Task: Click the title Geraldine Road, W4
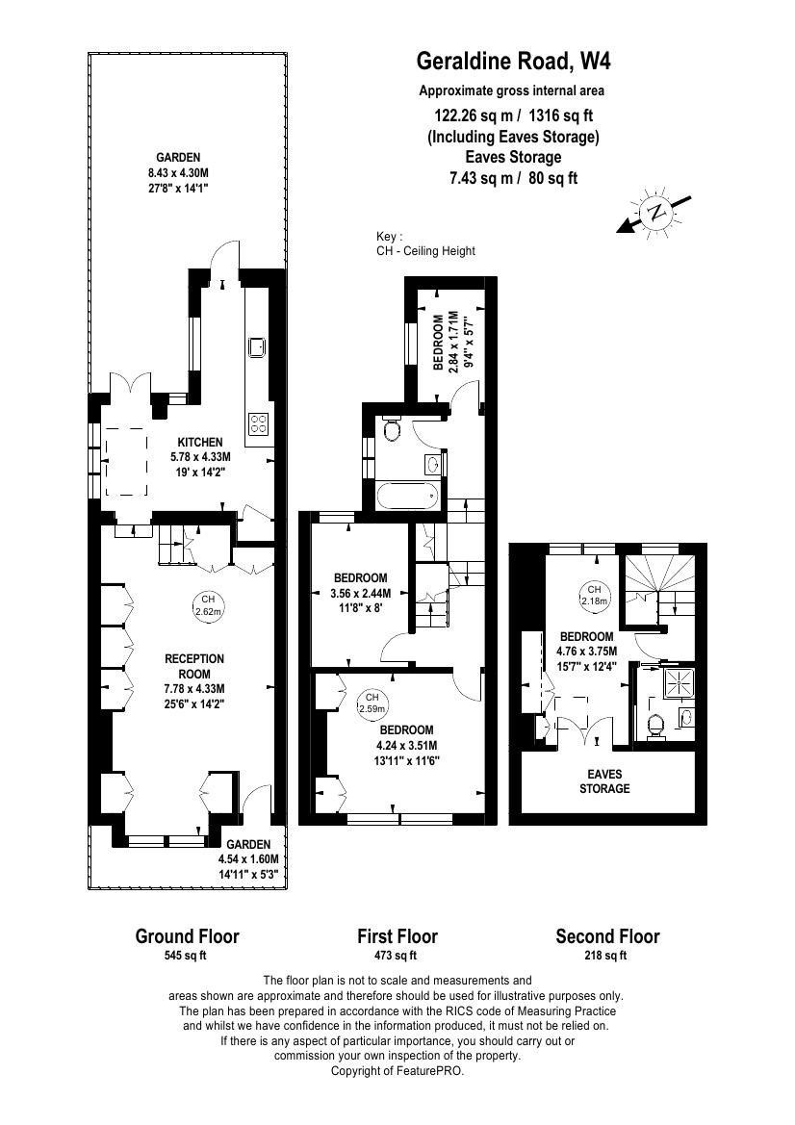click(514, 62)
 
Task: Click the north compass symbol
click(654, 212)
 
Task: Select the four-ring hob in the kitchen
click(258, 423)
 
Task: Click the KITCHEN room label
click(200, 443)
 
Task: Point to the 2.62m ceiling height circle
click(208, 605)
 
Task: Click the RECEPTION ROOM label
click(194, 666)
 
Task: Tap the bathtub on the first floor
click(407, 496)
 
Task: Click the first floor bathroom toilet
click(392, 428)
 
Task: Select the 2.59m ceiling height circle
click(372, 703)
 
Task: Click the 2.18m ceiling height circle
click(594, 595)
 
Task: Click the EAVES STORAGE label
click(604, 781)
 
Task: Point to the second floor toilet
click(655, 726)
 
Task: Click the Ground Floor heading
click(188, 935)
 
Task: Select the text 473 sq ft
click(397, 955)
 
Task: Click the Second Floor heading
click(607, 935)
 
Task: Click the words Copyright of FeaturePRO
click(397, 1071)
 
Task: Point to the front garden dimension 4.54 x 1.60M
click(249, 858)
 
